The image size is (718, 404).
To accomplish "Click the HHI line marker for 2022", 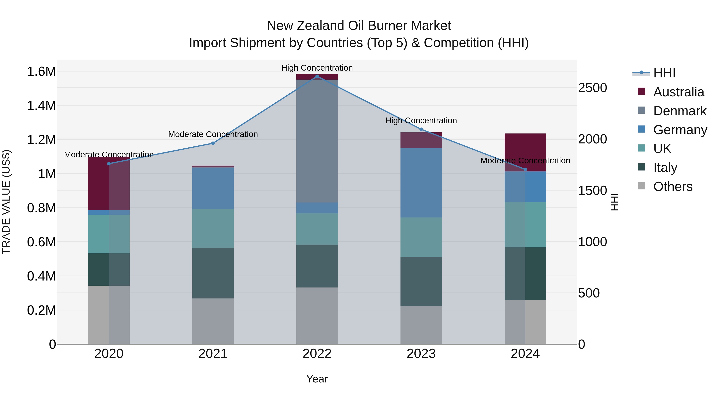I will [x=317, y=76].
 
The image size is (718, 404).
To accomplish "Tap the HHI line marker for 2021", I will [x=213, y=143].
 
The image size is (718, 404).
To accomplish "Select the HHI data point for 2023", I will [x=421, y=129].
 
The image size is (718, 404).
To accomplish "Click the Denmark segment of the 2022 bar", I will [x=317, y=141].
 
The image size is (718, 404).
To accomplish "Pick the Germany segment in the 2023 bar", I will [x=421, y=183].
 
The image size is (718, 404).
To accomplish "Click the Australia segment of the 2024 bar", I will [x=525, y=152].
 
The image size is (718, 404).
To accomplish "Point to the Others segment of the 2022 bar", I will [x=317, y=316].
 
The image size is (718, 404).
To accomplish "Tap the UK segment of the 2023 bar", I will [x=421, y=237].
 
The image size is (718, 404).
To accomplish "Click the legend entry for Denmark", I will [x=680, y=111].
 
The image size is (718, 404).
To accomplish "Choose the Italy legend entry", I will [x=665, y=168].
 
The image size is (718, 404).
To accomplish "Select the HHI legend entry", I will [x=664, y=73].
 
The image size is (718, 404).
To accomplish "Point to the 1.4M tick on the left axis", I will [x=41, y=106].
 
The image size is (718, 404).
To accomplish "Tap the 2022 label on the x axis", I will [x=317, y=354].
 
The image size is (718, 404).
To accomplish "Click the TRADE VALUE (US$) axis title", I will [x=6, y=202].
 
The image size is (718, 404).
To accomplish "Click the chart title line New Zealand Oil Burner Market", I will [x=359, y=26].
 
